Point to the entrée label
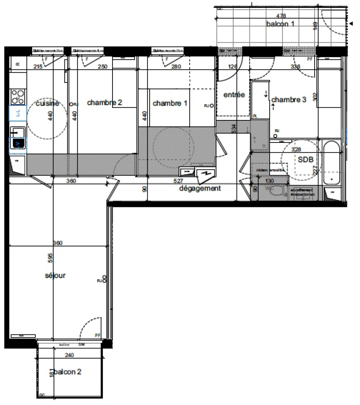point(234,95)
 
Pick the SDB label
point(306,159)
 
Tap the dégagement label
point(200,188)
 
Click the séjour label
point(55,275)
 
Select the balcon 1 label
point(280,24)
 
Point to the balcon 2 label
point(67,372)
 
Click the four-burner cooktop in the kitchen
point(18,96)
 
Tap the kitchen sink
point(18,132)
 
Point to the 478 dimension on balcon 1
point(281,16)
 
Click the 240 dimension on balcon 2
point(69,355)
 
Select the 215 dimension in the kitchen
point(37,67)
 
